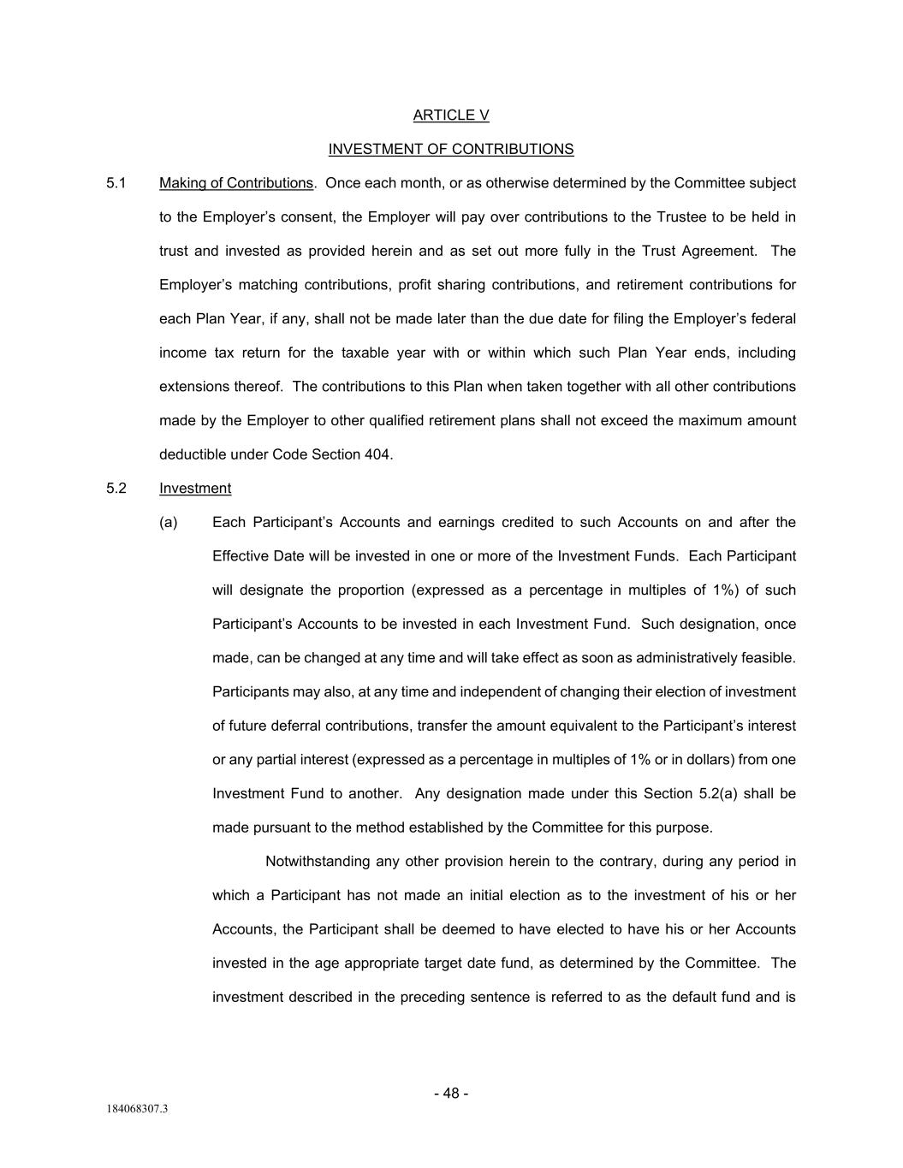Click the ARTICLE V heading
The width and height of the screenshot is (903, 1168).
(451, 116)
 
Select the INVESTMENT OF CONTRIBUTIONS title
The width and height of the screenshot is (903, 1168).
(451, 149)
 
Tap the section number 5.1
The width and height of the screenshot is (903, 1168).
(116, 183)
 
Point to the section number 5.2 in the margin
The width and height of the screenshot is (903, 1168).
(116, 489)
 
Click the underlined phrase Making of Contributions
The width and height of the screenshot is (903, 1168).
(236, 183)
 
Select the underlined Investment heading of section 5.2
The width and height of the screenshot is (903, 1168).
(195, 489)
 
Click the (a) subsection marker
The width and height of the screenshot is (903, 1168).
(169, 523)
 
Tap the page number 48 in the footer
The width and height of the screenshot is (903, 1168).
(451, 1094)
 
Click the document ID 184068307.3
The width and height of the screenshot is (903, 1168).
(137, 1110)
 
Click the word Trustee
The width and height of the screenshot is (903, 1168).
(681, 217)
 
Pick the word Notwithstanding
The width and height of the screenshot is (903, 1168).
(318, 862)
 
